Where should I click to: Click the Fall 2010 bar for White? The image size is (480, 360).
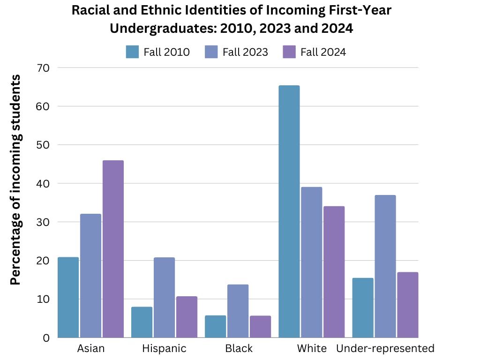(x=289, y=211)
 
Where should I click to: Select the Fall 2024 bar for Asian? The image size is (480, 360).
(x=113, y=249)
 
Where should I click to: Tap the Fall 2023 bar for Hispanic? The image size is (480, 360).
(x=164, y=297)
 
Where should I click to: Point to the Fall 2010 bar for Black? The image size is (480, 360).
(x=215, y=326)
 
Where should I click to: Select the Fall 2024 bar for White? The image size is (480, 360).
(x=333, y=272)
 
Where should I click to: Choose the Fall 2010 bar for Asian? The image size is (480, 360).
(x=68, y=297)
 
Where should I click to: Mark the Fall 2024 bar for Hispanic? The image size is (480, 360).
(x=187, y=317)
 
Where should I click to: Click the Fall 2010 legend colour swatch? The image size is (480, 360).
(x=133, y=52)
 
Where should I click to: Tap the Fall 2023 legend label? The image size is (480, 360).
(x=245, y=52)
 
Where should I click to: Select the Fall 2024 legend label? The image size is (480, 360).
(x=323, y=52)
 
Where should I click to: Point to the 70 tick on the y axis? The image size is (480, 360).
(x=44, y=67)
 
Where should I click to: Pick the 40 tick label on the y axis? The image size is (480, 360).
(x=44, y=183)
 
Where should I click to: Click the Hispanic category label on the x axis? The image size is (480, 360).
(x=164, y=349)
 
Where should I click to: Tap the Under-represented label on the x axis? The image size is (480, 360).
(x=385, y=349)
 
